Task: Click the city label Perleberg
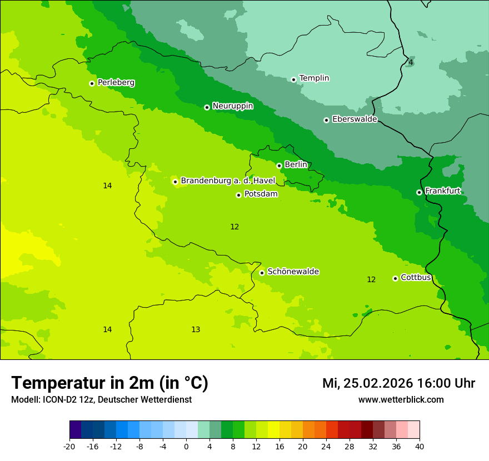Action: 116,83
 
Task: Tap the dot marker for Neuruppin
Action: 207,107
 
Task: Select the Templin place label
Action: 314,78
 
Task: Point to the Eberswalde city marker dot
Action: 326,120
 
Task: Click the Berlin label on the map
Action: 296,165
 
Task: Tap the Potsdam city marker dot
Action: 238,195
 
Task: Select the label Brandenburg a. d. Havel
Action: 228,181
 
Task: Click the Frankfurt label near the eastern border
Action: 442,191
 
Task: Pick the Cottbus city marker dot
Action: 395,278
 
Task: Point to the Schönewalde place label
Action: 293,272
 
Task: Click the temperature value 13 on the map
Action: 196,330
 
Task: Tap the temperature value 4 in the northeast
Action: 411,62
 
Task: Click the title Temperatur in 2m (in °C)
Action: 109,383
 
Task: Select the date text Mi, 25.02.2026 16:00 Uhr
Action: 398,383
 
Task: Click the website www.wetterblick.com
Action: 401,399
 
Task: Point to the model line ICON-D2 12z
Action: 101,399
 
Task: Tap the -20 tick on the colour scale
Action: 69,447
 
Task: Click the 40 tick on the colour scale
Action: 420,447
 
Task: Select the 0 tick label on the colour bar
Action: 186,447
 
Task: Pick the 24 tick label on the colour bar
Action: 326,447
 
